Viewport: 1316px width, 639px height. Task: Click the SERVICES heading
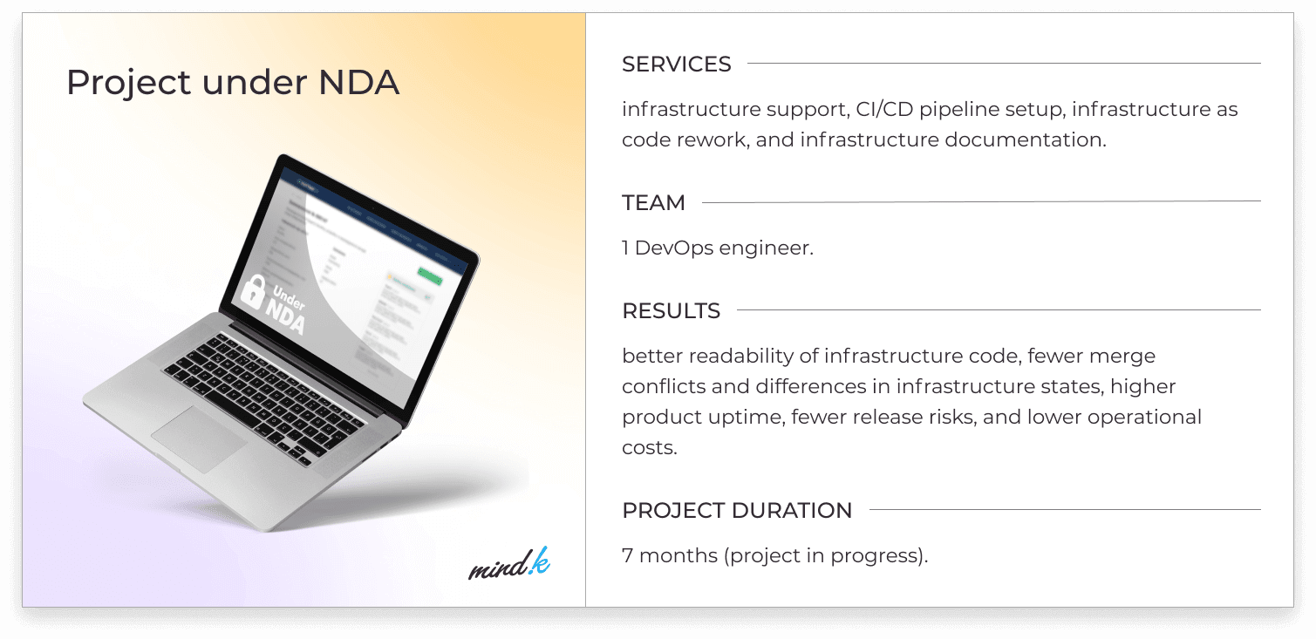(676, 64)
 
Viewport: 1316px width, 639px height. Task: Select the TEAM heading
(653, 202)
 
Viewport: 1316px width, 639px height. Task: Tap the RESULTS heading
(671, 310)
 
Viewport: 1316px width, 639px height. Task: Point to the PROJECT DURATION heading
(737, 510)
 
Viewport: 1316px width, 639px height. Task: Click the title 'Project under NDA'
(233, 82)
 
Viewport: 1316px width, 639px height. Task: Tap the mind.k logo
(508, 564)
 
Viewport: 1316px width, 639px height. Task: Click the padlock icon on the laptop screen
(253, 291)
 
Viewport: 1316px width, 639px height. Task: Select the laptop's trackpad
(199, 438)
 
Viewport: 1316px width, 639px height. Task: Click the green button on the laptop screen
(429, 276)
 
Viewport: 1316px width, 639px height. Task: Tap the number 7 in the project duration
(627, 555)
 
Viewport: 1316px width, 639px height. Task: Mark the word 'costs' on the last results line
(649, 448)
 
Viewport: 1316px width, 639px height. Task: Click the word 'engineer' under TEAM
(766, 248)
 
